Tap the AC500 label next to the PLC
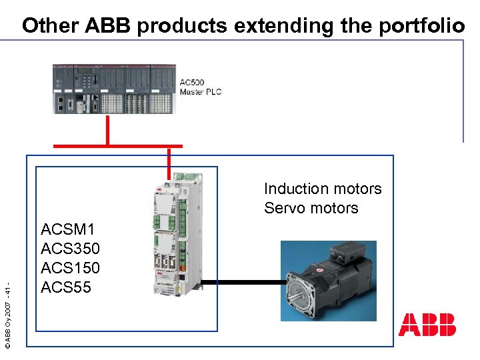click(193, 82)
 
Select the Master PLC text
click(200, 91)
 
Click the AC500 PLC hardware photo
click(114, 89)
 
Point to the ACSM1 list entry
click(67, 230)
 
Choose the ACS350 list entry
click(70, 249)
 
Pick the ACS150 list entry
click(70, 268)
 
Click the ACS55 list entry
click(65, 287)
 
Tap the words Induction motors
click(323, 189)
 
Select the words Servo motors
click(311, 208)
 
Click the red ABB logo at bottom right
click(427, 325)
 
